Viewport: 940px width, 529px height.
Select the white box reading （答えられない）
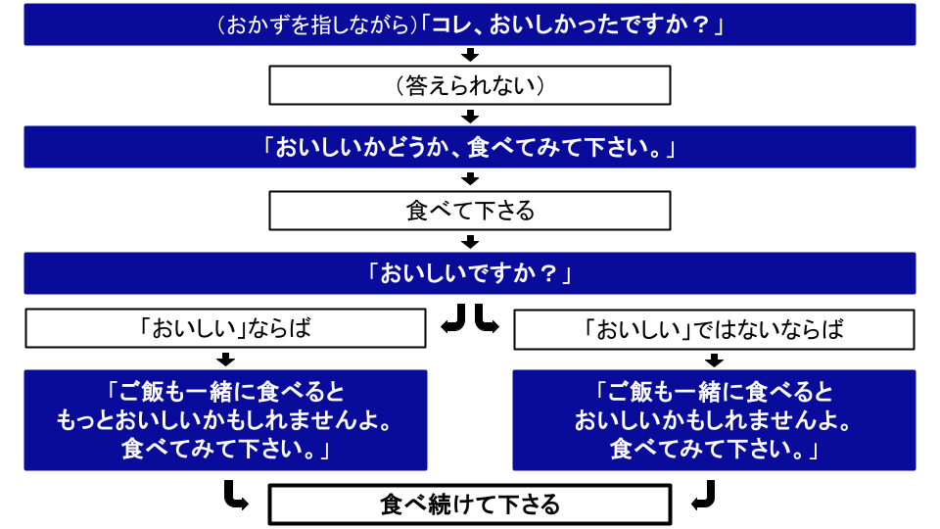470,86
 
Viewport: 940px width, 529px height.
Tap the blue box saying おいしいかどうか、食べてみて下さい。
470,147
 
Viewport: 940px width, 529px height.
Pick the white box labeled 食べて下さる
470,211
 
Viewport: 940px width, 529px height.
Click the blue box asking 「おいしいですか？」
470,273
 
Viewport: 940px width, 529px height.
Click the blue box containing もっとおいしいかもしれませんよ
225,420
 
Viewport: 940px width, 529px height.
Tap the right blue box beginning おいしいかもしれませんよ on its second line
714,420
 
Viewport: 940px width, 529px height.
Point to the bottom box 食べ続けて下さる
470,505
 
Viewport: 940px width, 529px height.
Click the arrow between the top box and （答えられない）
470,55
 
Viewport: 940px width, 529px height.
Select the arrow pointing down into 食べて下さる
470,179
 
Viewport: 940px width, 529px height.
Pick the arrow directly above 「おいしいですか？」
470,241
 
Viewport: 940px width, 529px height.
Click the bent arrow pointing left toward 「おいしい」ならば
453,320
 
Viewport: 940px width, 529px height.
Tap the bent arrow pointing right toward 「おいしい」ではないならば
487,320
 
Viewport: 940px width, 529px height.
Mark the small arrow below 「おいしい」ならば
225,359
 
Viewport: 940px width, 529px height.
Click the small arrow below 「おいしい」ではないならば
714,359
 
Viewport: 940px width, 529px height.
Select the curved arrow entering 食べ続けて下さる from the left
234,496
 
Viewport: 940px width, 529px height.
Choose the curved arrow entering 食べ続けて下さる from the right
704,496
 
